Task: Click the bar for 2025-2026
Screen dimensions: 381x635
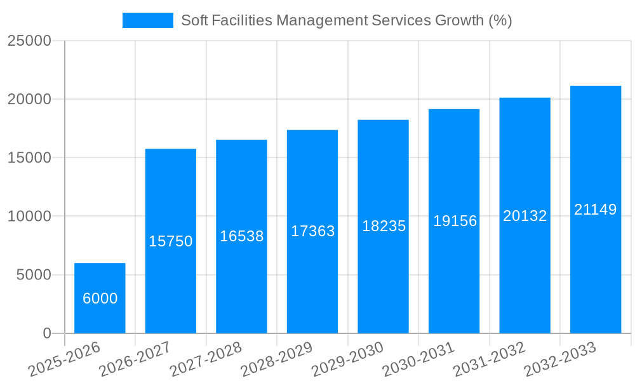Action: click(100, 298)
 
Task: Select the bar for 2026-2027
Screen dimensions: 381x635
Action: click(171, 241)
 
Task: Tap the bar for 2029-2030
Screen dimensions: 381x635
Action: click(383, 226)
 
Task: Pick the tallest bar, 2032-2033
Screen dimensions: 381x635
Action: click(595, 209)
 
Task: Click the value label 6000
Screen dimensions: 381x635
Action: click(100, 298)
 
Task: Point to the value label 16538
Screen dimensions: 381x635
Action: click(242, 236)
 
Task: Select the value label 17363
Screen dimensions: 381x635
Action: click(312, 231)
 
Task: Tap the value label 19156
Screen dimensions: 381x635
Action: click(455, 221)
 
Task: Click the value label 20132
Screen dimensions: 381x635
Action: click(525, 216)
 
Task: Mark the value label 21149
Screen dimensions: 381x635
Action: click(596, 210)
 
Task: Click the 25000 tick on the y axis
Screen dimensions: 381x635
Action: click(29, 41)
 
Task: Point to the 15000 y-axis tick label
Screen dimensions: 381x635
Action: click(29, 157)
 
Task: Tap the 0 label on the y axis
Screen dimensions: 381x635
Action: click(47, 333)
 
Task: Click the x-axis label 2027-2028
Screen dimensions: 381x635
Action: click(206, 359)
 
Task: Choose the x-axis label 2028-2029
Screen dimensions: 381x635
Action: click(277, 359)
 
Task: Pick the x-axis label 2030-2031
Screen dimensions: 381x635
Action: click(418, 359)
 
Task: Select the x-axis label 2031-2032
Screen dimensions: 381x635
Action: click(490, 359)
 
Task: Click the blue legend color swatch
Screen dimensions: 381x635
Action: click(147, 20)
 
